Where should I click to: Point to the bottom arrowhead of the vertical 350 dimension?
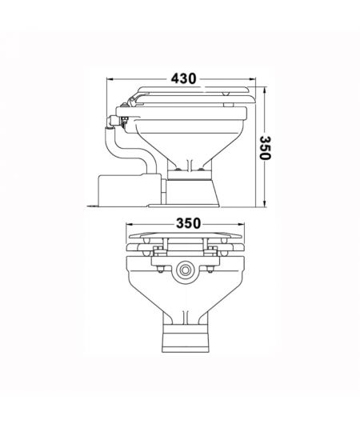[x=265, y=206]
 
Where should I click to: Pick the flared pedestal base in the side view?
[x=193, y=190]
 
